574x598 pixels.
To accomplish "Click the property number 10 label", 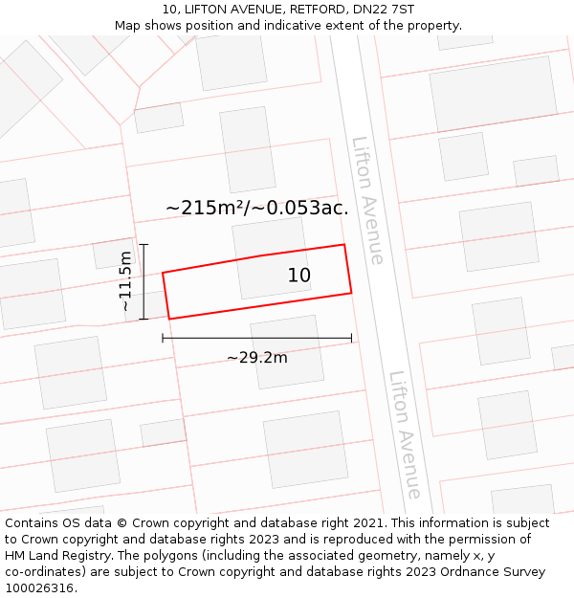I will tap(299, 276).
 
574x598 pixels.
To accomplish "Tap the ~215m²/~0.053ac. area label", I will tap(256, 208).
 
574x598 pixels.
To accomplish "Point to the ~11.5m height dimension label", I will tap(125, 281).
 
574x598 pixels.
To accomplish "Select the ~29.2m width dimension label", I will tap(256, 358).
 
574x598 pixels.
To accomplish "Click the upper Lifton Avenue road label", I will tap(368, 201).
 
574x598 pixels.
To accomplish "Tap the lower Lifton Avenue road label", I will tap(406, 435).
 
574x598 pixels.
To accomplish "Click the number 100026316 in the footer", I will tap(39, 587).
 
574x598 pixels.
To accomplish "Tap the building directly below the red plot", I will tap(287, 351).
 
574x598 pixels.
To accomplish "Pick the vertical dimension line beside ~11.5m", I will tap(143, 281).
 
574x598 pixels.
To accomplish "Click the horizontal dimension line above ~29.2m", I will tap(256, 338).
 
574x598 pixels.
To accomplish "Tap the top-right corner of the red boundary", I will tap(344, 245).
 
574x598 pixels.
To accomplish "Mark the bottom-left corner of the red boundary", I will tap(169, 319).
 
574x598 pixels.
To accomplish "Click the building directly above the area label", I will tap(248, 149).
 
